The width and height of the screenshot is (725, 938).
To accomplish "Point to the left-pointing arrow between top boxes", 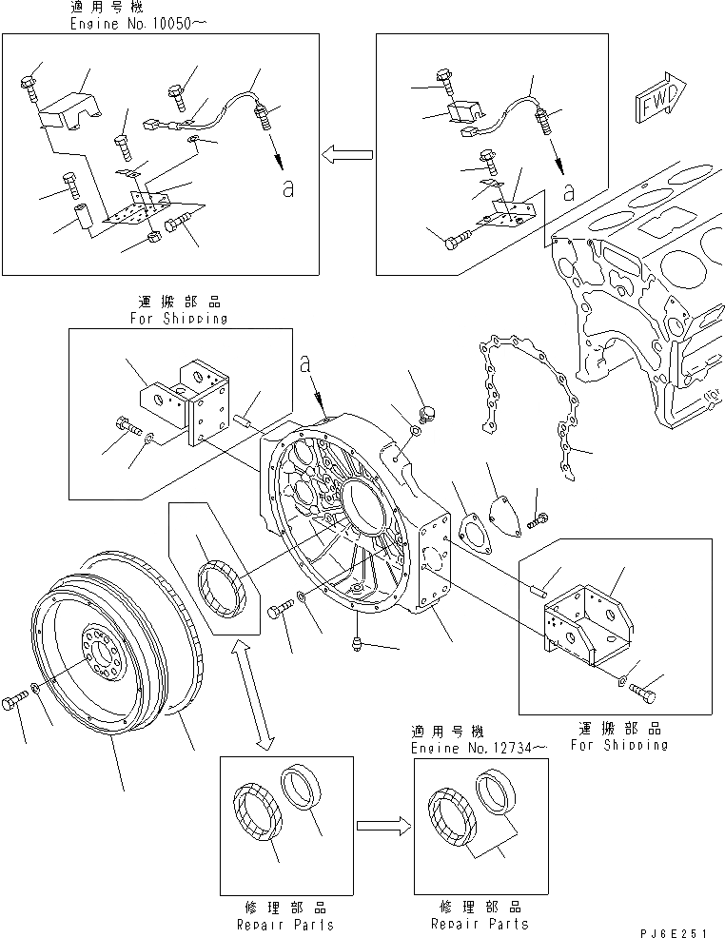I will coord(346,153).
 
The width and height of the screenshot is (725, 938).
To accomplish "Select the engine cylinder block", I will coord(647,285).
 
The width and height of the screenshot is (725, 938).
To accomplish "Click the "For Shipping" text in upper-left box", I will coord(178,319).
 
